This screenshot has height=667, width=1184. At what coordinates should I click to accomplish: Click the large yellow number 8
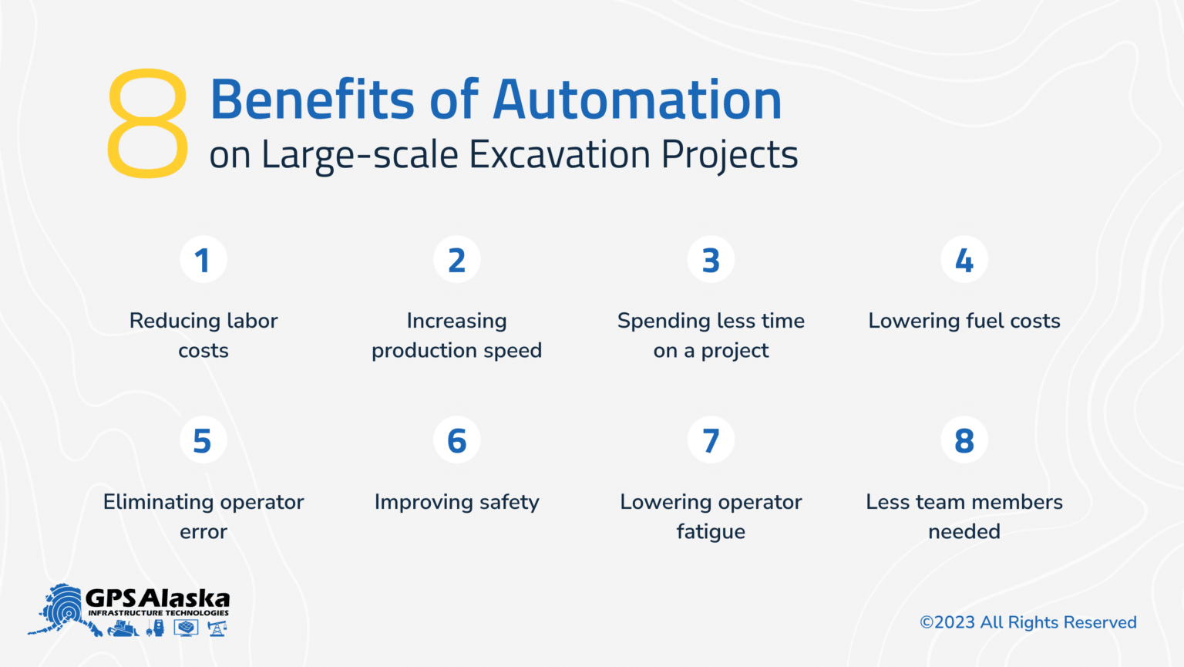(147, 123)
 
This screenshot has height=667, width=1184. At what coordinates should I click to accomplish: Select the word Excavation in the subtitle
(560, 154)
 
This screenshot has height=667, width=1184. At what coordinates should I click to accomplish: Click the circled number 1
(203, 260)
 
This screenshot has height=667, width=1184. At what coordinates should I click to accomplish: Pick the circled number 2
(457, 260)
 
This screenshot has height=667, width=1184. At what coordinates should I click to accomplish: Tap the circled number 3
(711, 260)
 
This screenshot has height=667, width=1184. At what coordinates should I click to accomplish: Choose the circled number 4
(964, 260)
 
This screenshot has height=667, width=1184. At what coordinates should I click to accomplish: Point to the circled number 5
(203, 440)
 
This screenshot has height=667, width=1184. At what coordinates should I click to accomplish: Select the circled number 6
(457, 440)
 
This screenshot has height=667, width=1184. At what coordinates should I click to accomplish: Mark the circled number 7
(711, 440)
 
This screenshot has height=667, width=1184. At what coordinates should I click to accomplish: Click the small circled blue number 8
(964, 440)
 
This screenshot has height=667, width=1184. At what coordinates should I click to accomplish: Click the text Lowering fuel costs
(964, 321)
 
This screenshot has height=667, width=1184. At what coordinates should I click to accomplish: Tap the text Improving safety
(457, 502)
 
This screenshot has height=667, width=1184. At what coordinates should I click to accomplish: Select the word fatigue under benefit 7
(711, 532)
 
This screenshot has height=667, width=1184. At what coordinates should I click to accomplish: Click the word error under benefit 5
(203, 532)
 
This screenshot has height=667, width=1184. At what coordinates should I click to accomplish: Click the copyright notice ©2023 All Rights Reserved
(1028, 622)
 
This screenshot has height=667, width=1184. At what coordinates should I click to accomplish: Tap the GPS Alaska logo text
(157, 598)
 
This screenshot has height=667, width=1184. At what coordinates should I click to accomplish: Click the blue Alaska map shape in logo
(63, 609)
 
